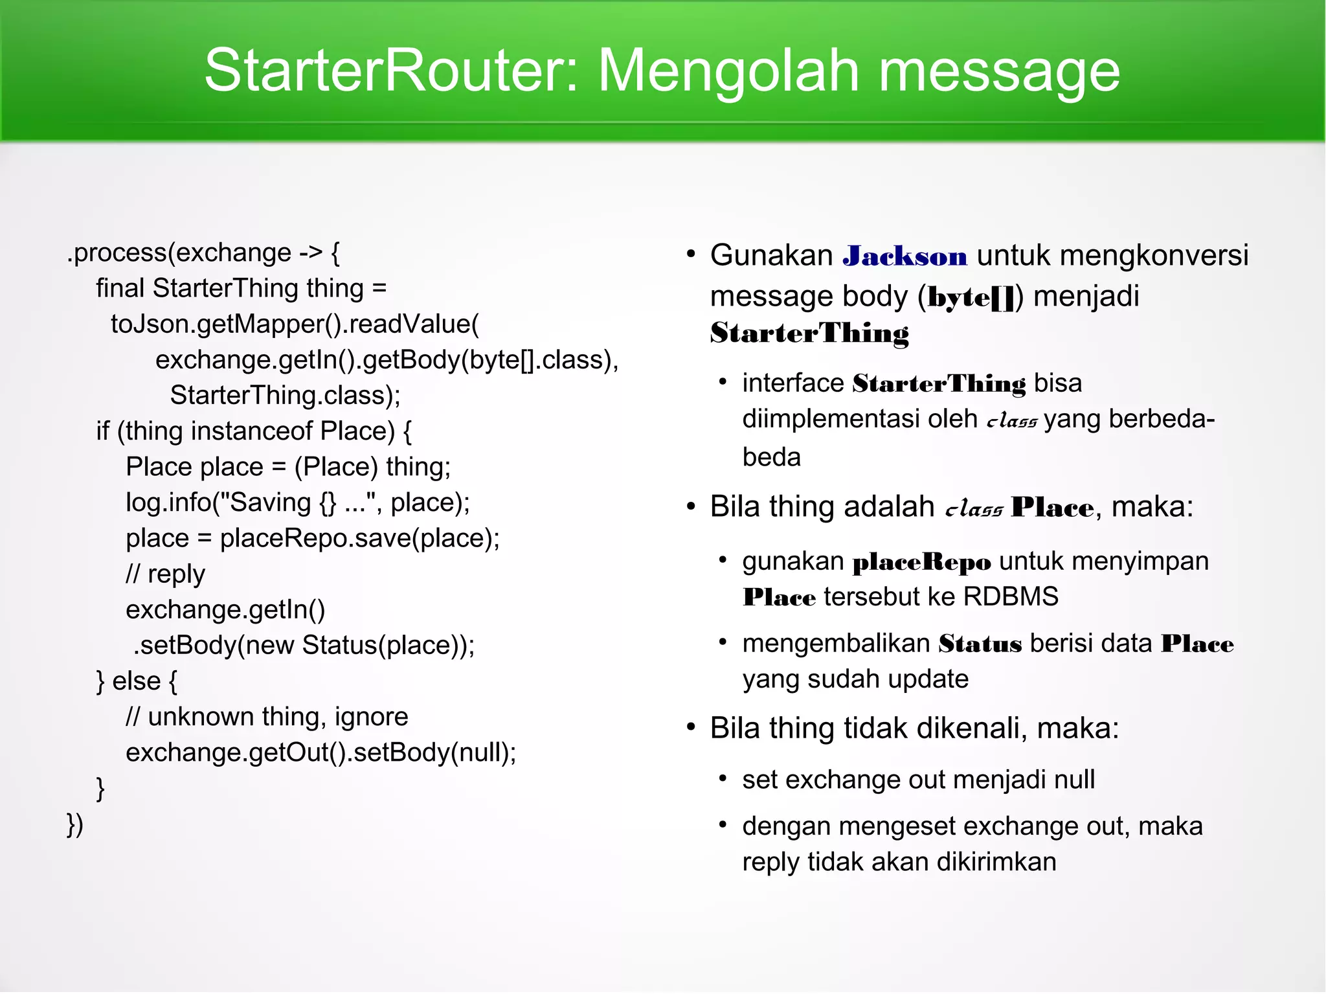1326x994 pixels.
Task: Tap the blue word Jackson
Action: (905, 256)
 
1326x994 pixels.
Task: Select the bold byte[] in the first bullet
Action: (971, 297)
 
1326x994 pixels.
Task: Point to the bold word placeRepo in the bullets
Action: (921, 561)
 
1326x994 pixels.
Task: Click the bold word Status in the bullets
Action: (980, 644)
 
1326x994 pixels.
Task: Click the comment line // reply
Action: (165, 574)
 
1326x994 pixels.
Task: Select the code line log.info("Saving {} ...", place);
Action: (298, 503)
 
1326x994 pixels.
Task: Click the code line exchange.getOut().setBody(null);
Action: (320, 752)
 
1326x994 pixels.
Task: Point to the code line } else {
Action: (137, 681)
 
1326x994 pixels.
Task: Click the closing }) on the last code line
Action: (75, 824)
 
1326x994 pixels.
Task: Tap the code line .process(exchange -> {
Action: (203, 253)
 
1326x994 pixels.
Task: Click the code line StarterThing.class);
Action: (285, 395)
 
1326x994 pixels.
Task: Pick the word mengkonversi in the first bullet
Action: (1154, 256)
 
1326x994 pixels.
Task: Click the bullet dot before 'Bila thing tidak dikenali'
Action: (691, 728)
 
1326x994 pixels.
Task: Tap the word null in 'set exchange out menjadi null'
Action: (1074, 780)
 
